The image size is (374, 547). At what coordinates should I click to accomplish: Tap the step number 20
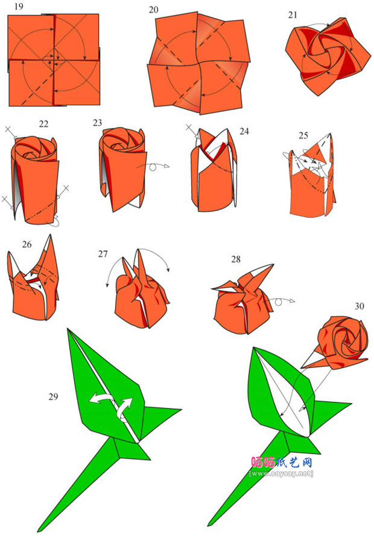click(x=154, y=10)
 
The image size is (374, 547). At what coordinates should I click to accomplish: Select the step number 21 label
click(x=293, y=15)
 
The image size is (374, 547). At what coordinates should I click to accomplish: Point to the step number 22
click(x=43, y=124)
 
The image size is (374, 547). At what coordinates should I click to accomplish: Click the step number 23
click(x=98, y=123)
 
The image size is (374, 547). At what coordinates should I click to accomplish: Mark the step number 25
click(x=303, y=134)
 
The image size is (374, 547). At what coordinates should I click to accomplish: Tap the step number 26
click(x=27, y=244)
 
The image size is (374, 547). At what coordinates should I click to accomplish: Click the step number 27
click(x=103, y=254)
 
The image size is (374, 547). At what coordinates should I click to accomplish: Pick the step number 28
click(x=235, y=259)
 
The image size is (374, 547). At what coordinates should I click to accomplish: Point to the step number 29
click(x=54, y=396)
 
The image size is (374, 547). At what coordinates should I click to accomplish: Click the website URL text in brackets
click(x=281, y=474)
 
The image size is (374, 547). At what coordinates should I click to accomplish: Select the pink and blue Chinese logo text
click(x=281, y=462)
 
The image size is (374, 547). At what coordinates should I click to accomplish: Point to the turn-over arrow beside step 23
click(x=156, y=165)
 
